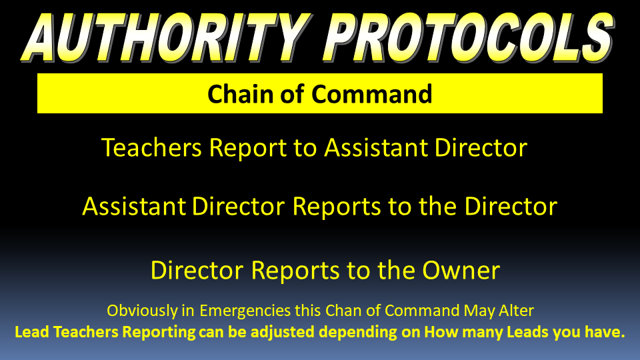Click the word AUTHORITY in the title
[x=167, y=37]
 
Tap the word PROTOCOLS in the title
[x=469, y=37]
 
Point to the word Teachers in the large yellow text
[x=151, y=147]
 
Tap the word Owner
[x=461, y=270]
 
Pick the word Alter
[x=516, y=311]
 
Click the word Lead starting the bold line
[x=32, y=332]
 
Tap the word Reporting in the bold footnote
[x=159, y=333]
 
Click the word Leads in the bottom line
[x=527, y=332]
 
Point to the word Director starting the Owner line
[x=197, y=270]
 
